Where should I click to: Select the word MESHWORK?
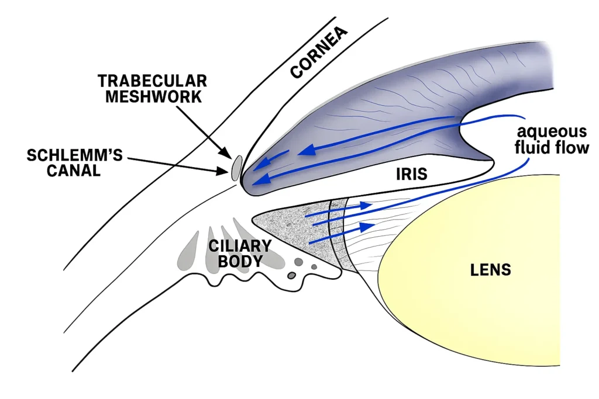[x=154, y=96]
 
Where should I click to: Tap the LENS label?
[x=490, y=269]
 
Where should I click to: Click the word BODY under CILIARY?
[x=240, y=261]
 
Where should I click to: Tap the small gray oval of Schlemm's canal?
[x=236, y=168]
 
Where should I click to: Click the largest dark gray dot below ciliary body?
[x=298, y=262]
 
